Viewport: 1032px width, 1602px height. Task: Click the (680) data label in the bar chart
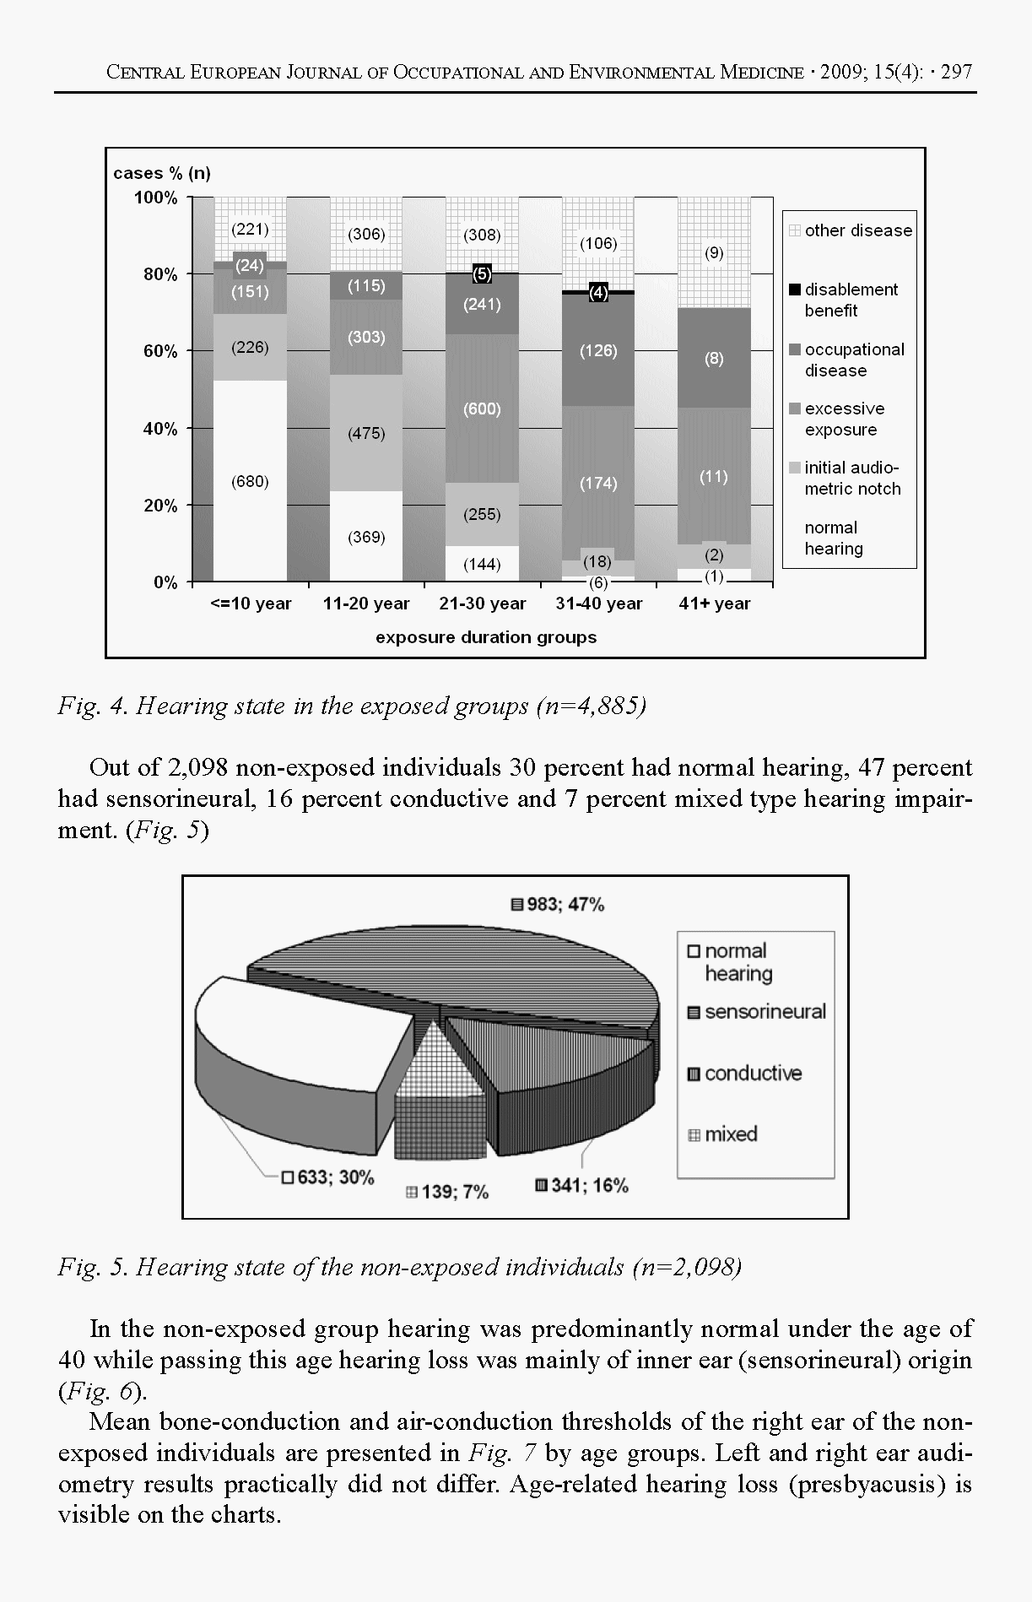pyautogui.click(x=250, y=482)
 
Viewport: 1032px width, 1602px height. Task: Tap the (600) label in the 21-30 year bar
pyautogui.click(x=482, y=409)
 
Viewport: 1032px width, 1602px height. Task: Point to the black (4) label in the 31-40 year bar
pyautogui.click(x=598, y=293)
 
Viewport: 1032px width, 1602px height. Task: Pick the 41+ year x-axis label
pyautogui.click(x=714, y=603)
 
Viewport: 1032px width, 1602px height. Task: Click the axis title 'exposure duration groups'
pyautogui.click(x=486, y=637)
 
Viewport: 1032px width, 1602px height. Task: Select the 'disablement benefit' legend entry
pyautogui.click(x=850, y=300)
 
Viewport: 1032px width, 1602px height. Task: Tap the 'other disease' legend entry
pyautogui.click(x=857, y=230)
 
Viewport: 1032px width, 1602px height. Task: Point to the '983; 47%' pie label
pyautogui.click(x=565, y=905)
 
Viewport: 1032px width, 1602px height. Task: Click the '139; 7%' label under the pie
pyautogui.click(x=454, y=1192)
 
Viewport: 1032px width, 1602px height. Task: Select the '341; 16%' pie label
pyautogui.click(x=589, y=1186)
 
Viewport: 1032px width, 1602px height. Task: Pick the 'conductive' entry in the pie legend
pyautogui.click(x=752, y=1074)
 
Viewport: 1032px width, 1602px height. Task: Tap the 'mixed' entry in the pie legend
pyautogui.click(x=730, y=1134)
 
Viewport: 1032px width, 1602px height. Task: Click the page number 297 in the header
pyautogui.click(x=956, y=72)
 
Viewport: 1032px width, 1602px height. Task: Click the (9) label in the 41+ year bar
pyautogui.click(x=714, y=252)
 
